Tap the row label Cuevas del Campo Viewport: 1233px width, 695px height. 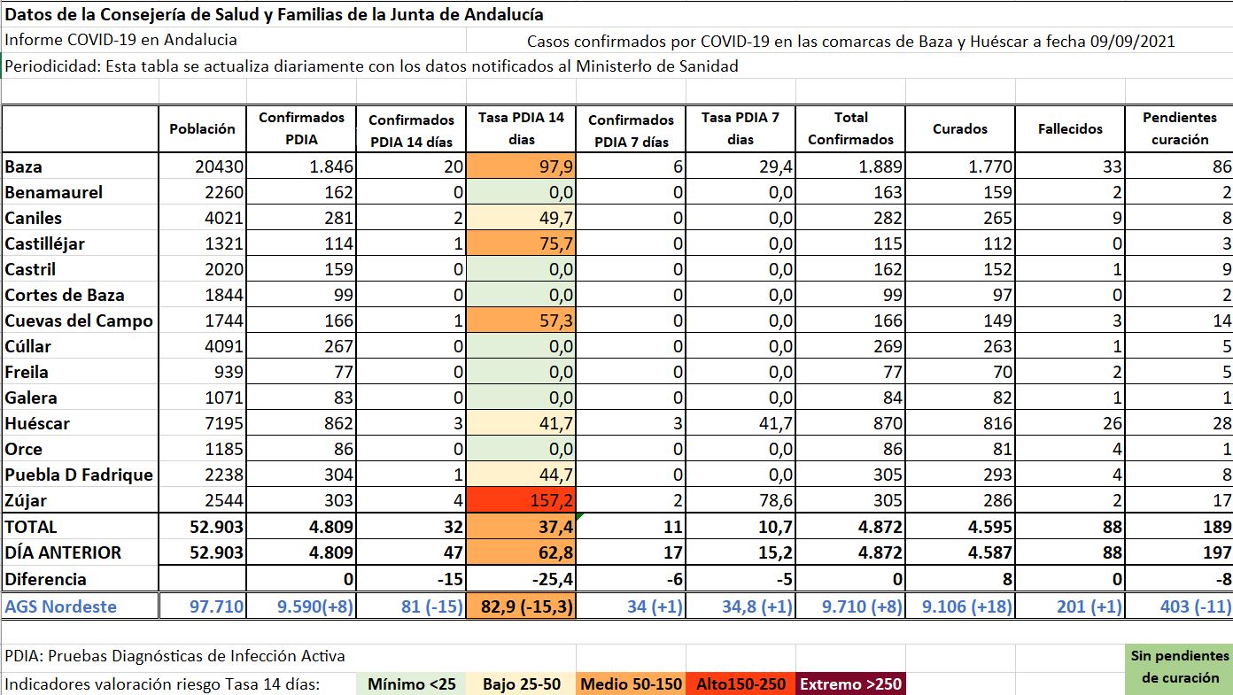click(x=79, y=321)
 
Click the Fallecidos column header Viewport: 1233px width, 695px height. click(x=1070, y=129)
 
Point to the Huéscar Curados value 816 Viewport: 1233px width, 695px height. click(x=996, y=424)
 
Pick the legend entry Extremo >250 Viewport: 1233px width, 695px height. click(x=850, y=684)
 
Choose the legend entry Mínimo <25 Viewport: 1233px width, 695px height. click(x=412, y=684)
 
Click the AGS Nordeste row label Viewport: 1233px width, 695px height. click(x=61, y=606)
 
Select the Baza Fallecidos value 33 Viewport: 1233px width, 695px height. click(x=1112, y=167)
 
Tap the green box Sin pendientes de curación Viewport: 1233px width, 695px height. click(x=1179, y=667)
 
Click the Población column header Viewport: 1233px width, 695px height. click(x=203, y=129)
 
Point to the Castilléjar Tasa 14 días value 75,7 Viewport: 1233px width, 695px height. click(x=549, y=244)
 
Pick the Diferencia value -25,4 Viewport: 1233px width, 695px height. click(x=548, y=580)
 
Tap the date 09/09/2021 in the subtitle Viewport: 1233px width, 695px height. click(x=1133, y=41)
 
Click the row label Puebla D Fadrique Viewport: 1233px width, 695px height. click(x=79, y=475)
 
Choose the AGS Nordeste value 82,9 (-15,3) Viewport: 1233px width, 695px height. click(x=521, y=606)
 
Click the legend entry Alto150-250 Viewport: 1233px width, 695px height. click(x=741, y=684)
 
